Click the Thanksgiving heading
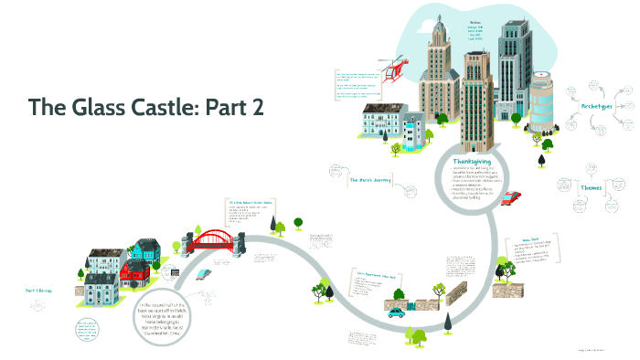[x=472, y=161]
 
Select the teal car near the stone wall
[x=395, y=312]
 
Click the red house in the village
[x=133, y=270]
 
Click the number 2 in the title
[x=258, y=107]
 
